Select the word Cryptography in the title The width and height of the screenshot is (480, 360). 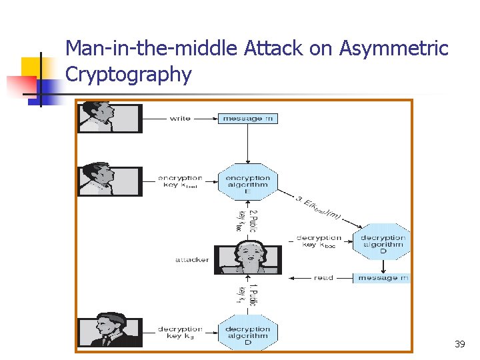point(129,75)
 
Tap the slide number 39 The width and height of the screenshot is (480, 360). point(459,344)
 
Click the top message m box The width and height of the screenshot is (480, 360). point(247,119)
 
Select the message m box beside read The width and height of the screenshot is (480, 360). point(383,277)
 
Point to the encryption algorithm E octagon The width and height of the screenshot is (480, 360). point(247,182)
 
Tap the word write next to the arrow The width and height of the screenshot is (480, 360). point(180,119)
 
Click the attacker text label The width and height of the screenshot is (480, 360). point(192,260)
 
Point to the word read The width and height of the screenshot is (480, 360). point(323,277)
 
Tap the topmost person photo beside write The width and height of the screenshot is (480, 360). point(109,118)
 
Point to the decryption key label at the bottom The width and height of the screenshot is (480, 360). point(180,333)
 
